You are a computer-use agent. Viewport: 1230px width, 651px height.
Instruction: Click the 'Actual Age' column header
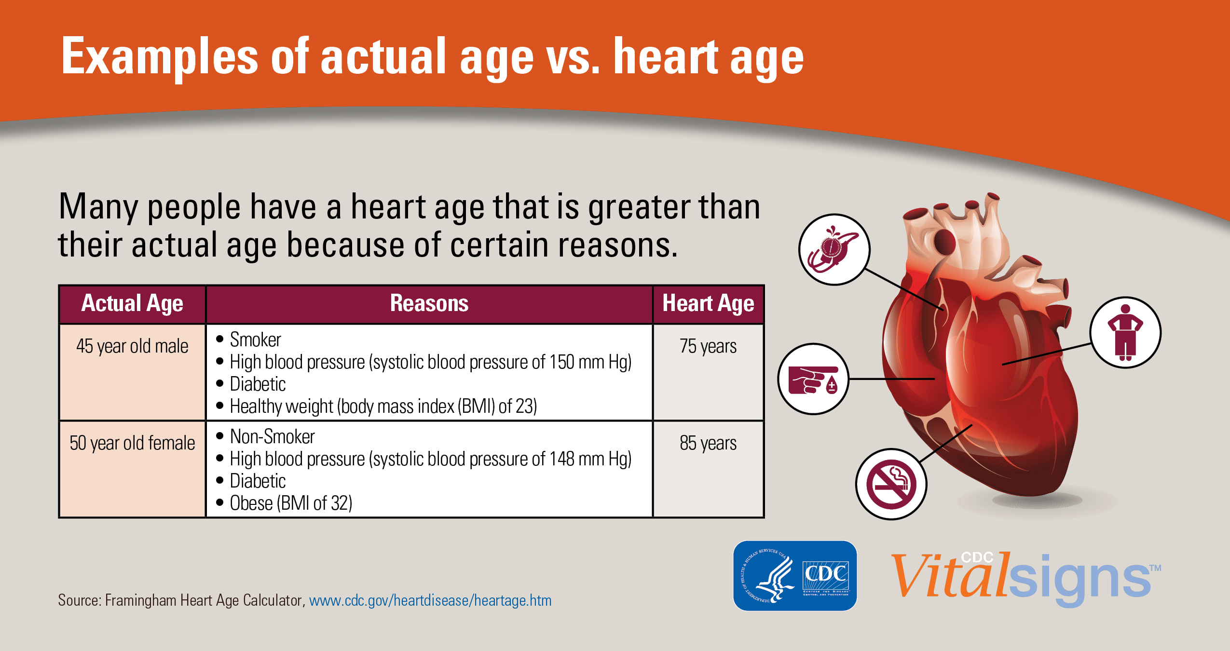click(x=132, y=304)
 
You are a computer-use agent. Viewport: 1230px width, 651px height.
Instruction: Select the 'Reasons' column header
click(x=429, y=304)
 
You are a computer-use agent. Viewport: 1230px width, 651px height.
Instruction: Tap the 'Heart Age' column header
click(x=708, y=304)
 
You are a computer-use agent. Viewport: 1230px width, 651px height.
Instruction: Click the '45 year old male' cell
click(x=132, y=346)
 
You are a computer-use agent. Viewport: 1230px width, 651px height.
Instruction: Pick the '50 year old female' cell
click(x=132, y=443)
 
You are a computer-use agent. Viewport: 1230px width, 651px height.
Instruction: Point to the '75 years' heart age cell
click(x=708, y=346)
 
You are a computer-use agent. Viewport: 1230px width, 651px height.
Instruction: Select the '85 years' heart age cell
click(x=708, y=443)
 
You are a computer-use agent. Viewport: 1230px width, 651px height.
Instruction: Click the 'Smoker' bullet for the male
click(x=255, y=340)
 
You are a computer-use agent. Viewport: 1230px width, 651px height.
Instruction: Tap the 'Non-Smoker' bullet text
click(x=272, y=437)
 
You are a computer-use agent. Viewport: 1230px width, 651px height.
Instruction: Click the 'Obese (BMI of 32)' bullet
click(x=291, y=503)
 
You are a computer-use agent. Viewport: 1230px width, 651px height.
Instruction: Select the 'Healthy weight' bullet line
click(x=383, y=407)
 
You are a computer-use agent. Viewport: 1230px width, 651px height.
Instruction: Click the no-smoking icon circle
click(x=891, y=484)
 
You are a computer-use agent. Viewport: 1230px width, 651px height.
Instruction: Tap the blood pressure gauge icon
click(x=834, y=250)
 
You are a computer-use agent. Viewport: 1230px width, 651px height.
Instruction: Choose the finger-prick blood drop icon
click(x=813, y=379)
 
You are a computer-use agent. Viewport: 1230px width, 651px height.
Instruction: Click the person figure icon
click(x=1125, y=333)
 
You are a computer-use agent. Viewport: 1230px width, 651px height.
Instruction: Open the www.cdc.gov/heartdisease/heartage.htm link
click(x=430, y=600)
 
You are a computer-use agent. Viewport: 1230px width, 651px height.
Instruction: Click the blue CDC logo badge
click(x=794, y=576)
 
